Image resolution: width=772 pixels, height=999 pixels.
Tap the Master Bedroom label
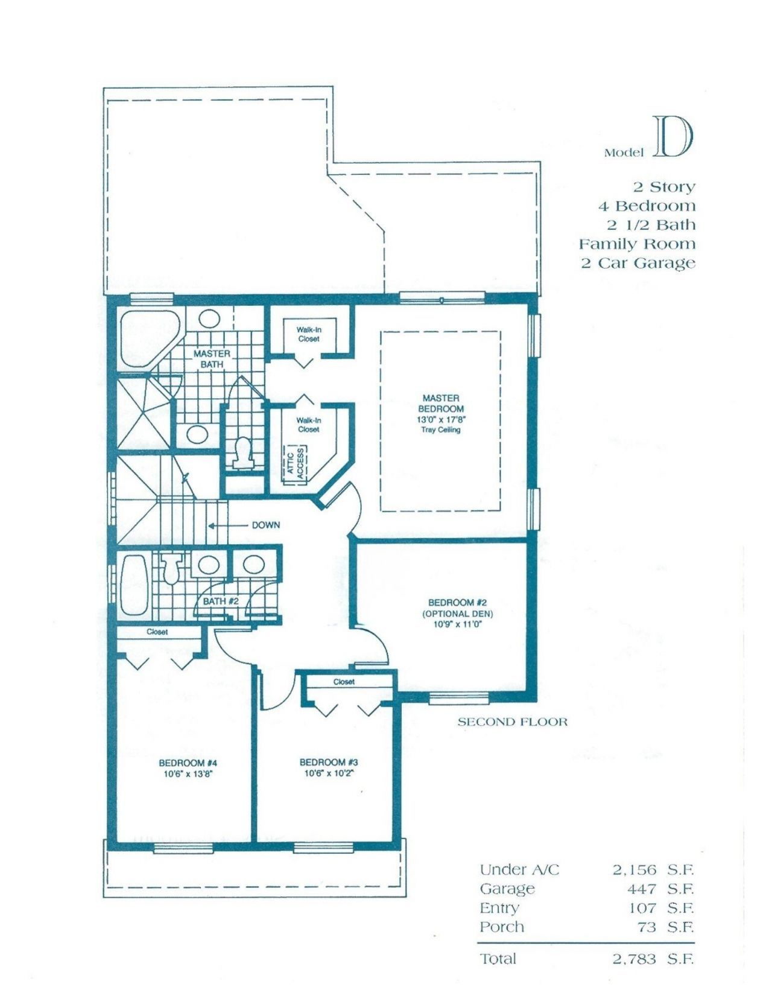[x=441, y=403]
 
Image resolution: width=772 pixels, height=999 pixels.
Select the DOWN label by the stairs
[x=265, y=525]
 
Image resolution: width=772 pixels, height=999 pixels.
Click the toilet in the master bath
[x=243, y=452]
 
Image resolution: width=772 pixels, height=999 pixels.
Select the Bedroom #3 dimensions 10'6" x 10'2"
[x=329, y=773]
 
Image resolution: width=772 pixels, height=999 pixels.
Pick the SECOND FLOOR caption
[x=512, y=721]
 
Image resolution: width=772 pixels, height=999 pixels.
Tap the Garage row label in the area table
[x=507, y=889]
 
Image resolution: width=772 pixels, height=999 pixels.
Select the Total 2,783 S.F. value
[x=653, y=959]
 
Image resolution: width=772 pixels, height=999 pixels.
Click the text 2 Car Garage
[x=638, y=263]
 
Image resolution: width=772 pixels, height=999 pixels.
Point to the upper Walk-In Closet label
[x=308, y=334]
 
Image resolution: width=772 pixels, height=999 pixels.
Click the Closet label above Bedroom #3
[x=344, y=682]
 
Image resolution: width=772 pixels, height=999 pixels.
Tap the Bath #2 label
[x=221, y=601]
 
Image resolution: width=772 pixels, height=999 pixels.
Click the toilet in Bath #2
[x=172, y=569]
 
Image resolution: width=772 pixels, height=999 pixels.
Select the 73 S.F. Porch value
[x=665, y=927]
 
